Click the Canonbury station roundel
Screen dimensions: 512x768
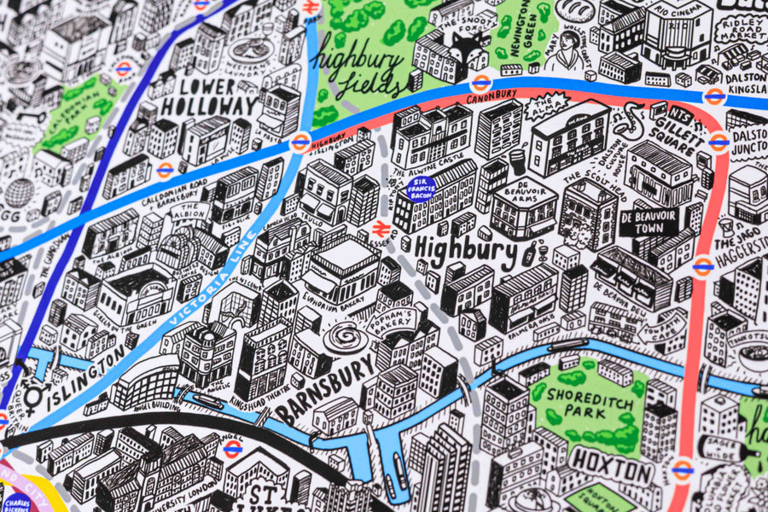pos(481,84)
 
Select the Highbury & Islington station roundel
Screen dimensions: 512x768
pos(300,142)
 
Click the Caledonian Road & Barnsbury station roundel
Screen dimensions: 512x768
pos(165,170)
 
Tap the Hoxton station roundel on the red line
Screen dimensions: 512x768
pos(681,468)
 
